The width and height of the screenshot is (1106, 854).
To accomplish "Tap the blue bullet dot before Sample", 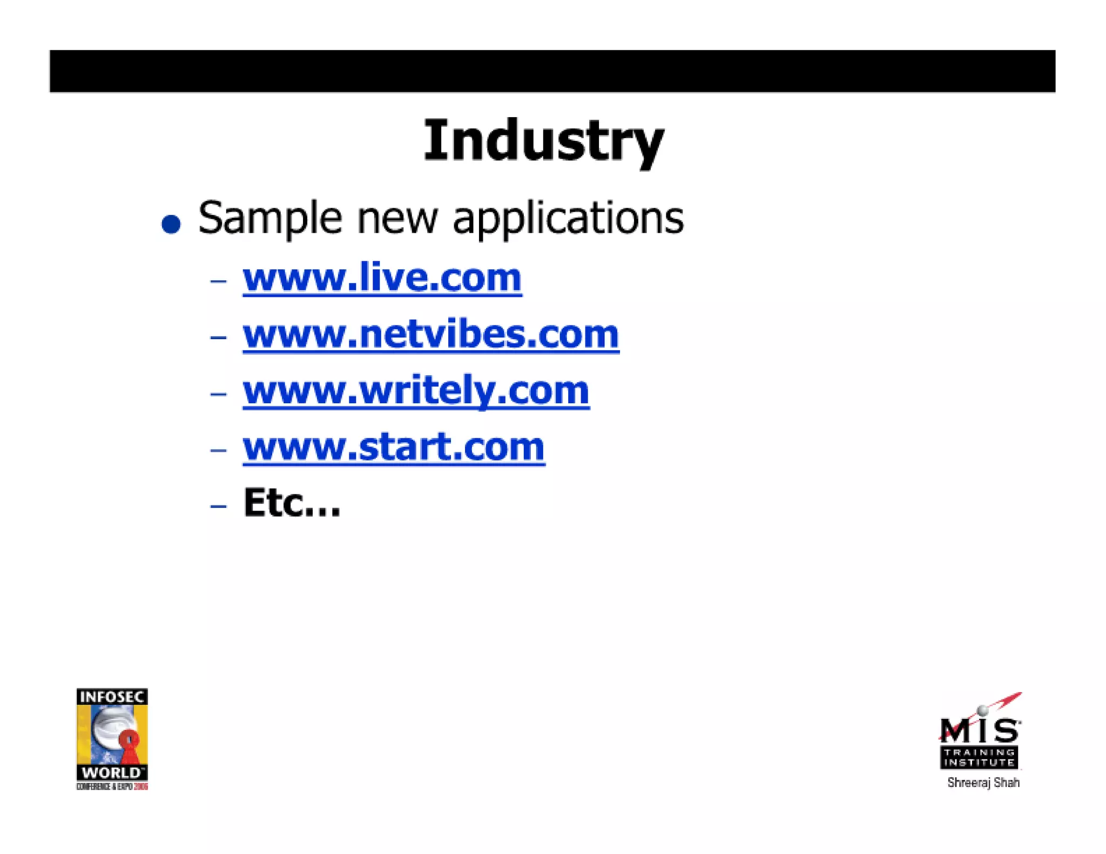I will (x=171, y=223).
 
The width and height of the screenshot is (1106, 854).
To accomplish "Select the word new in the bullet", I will (x=397, y=219).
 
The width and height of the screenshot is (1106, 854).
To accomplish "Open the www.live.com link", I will (x=382, y=278).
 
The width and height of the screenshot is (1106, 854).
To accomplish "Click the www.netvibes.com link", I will (x=431, y=335).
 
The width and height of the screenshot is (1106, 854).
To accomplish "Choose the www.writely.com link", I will (x=416, y=391).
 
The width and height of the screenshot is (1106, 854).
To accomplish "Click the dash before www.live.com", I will (x=218, y=281).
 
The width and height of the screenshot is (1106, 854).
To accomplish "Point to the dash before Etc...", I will (x=218, y=506).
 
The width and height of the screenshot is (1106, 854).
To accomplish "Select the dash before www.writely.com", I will (x=218, y=394).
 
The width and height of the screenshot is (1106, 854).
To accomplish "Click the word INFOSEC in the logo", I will (x=112, y=697).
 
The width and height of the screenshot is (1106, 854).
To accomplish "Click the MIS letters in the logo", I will (x=980, y=730).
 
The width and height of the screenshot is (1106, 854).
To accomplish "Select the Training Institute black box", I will (x=979, y=757).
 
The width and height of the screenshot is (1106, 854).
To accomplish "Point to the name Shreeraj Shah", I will (x=983, y=783).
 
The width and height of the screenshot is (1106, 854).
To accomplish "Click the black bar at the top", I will (x=552, y=71).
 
